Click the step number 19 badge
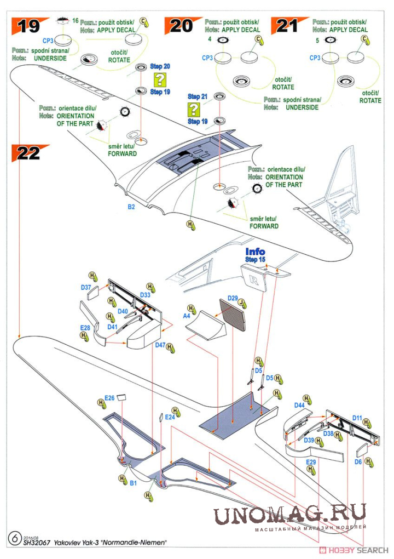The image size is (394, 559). [28, 25]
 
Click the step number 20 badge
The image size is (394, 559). [181, 25]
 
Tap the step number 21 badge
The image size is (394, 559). [288, 25]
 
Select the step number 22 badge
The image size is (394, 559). [28, 153]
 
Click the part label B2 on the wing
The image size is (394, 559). [131, 207]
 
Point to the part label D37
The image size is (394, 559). [86, 287]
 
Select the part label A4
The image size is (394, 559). [187, 316]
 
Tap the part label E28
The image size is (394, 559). [85, 328]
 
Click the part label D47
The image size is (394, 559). [160, 345]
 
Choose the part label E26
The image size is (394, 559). [109, 398]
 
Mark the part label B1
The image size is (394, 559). [132, 483]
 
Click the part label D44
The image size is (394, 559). [299, 405]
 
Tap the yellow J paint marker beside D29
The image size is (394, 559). [242, 301]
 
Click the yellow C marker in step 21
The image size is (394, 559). [365, 39]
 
